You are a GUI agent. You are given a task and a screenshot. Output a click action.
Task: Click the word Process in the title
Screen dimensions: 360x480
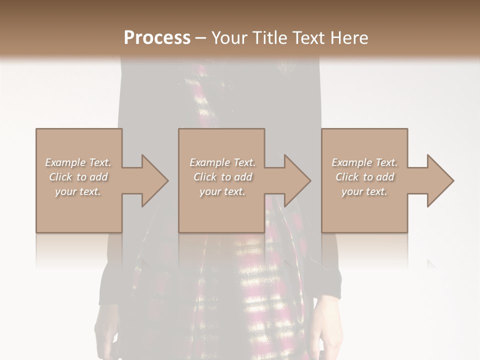pos(157,37)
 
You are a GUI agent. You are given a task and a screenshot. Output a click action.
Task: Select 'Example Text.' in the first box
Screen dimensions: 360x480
pos(78,162)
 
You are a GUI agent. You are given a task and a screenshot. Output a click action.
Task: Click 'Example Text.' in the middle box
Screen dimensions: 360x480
pos(222,162)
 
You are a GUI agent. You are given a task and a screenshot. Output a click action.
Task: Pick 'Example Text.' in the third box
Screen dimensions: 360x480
pos(364,162)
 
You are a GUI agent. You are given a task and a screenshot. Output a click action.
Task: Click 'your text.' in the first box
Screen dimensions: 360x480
pos(78,191)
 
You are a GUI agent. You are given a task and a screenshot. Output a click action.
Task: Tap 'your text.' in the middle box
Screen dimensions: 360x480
pos(222,191)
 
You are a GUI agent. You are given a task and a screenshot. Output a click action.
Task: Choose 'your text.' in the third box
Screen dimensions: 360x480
pos(364,191)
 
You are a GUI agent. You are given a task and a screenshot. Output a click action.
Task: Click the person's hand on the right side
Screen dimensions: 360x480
pos(327,325)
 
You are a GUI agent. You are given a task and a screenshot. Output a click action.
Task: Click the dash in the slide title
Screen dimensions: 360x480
pos(201,38)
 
